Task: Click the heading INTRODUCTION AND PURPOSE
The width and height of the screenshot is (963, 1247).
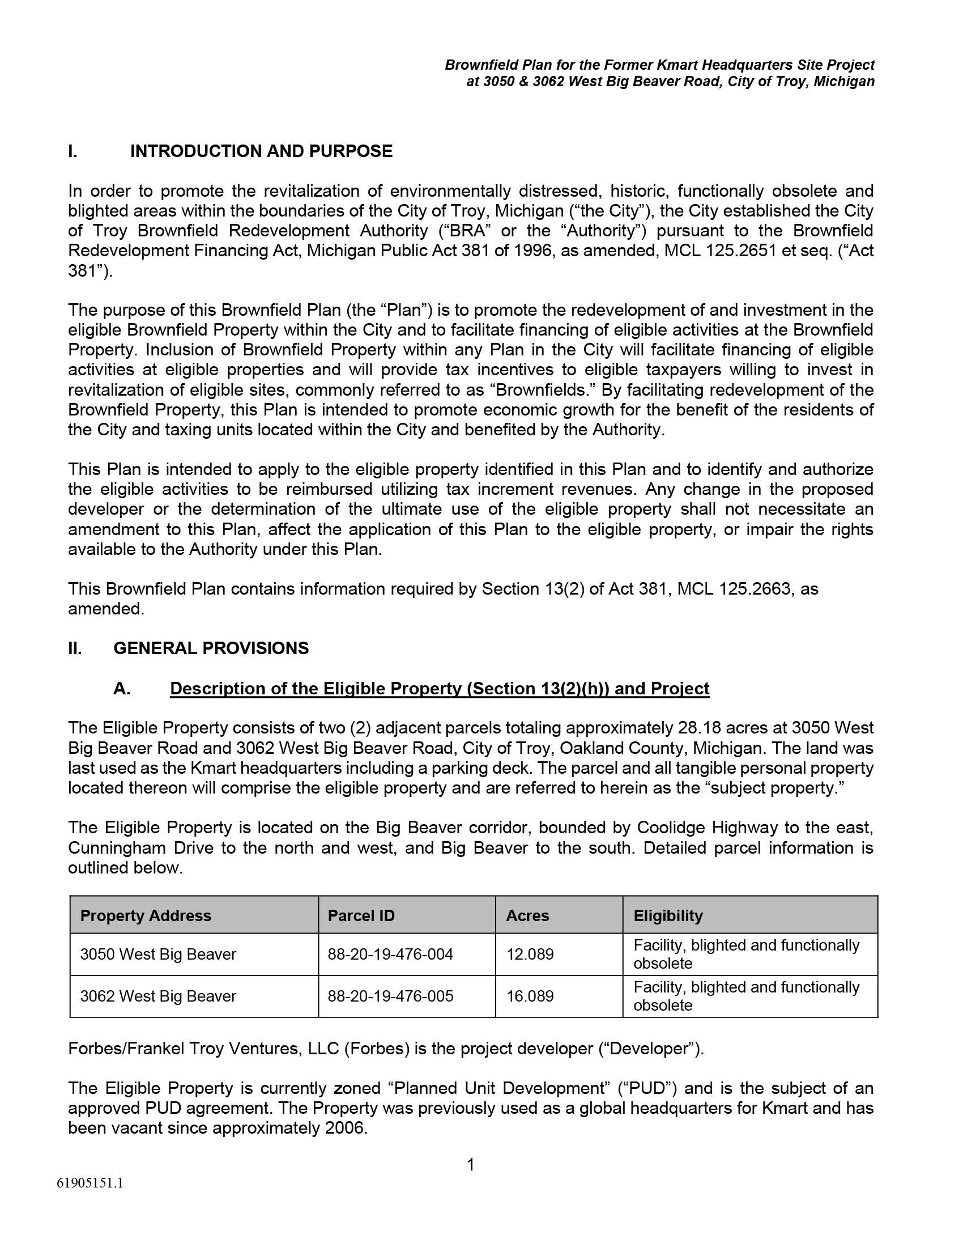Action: pyautogui.click(x=261, y=151)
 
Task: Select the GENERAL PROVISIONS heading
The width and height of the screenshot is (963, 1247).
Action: pyautogui.click(x=211, y=648)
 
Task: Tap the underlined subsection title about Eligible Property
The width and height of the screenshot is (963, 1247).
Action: pyautogui.click(x=439, y=689)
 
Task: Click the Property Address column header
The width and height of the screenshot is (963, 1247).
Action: pyautogui.click(x=146, y=916)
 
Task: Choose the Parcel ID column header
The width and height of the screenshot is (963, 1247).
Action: pyautogui.click(x=361, y=916)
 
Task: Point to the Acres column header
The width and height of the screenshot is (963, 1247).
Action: pyautogui.click(x=527, y=916)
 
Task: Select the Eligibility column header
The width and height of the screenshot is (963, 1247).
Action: pyautogui.click(x=668, y=916)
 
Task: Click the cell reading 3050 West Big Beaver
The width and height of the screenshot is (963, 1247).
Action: pyautogui.click(x=158, y=954)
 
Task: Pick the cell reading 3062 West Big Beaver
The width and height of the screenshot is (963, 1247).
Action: pyautogui.click(x=158, y=996)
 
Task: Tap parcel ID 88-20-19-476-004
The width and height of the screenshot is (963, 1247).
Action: pyautogui.click(x=390, y=954)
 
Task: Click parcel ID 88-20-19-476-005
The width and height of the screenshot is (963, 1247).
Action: pyautogui.click(x=390, y=996)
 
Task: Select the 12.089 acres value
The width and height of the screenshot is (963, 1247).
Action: pyautogui.click(x=530, y=954)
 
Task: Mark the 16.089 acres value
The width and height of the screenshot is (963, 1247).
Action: pyautogui.click(x=530, y=996)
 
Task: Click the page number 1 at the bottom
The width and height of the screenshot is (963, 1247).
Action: pyautogui.click(x=471, y=1165)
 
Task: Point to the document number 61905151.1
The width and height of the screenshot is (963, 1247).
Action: pyautogui.click(x=90, y=1183)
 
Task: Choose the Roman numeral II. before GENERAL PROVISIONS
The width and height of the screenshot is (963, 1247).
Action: pyautogui.click(x=75, y=648)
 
